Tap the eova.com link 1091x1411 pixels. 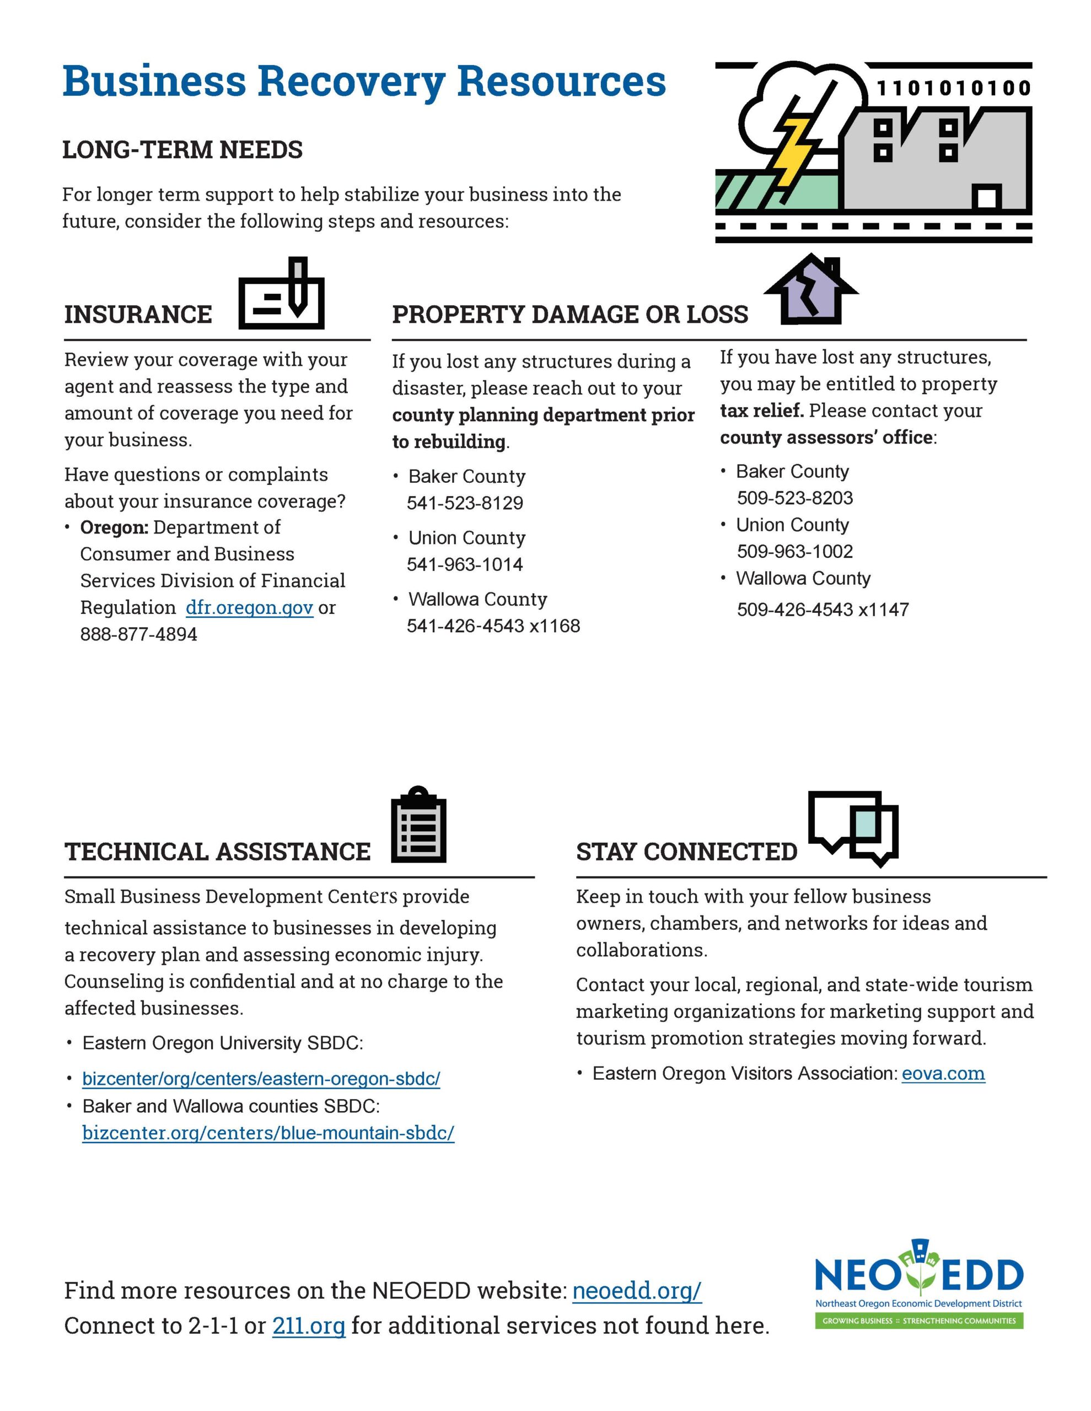tap(943, 1073)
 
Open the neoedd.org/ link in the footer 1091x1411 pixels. tap(637, 1290)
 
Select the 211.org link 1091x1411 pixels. tap(308, 1325)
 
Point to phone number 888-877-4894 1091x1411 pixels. tap(138, 634)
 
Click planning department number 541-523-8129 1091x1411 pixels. tap(465, 503)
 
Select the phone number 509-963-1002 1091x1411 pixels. tap(795, 551)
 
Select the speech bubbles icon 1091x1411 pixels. tap(853, 827)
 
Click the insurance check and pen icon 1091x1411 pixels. tap(281, 295)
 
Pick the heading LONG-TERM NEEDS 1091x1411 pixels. tap(182, 150)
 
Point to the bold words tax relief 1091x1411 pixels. tap(761, 410)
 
